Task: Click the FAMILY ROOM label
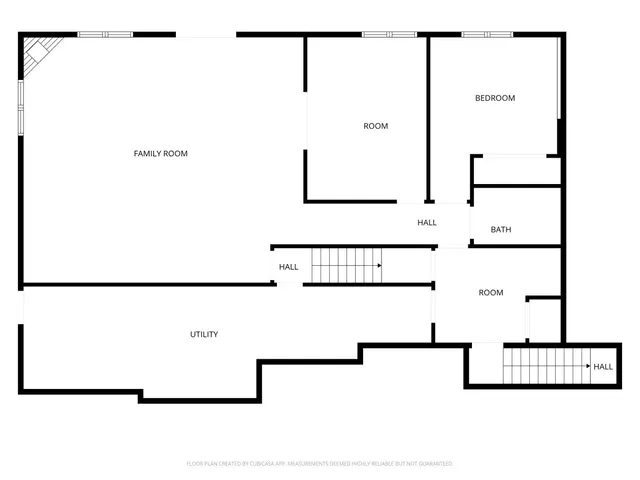[x=161, y=153]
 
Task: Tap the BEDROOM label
[x=494, y=98]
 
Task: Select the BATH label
[x=501, y=230]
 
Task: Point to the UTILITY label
[x=204, y=334]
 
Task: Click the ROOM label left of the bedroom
[x=375, y=126]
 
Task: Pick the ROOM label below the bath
[x=490, y=293]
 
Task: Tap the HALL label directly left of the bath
[x=427, y=222]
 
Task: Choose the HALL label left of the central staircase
[x=288, y=267]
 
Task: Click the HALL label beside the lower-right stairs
[x=603, y=367]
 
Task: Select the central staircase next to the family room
[x=345, y=266]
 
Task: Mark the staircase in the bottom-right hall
[x=545, y=367]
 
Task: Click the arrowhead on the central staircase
[x=380, y=266]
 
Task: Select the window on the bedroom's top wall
[x=487, y=35]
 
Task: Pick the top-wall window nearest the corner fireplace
[x=105, y=35]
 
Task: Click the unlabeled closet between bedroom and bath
[x=515, y=170]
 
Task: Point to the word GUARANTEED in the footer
[x=433, y=464]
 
